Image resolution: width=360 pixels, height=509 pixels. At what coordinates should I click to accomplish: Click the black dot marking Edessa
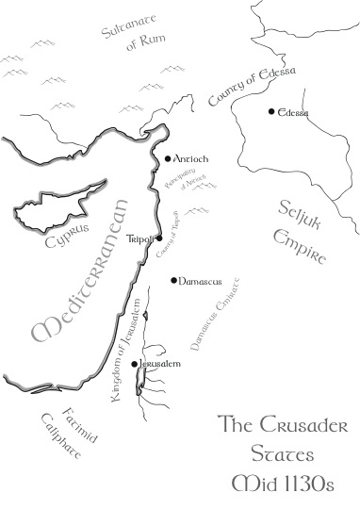click(271, 112)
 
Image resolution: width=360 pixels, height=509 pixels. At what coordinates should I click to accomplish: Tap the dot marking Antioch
click(168, 159)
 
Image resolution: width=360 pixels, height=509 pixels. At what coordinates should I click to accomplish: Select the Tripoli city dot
click(159, 238)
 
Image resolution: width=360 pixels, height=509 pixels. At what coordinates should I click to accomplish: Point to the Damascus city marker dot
click(173, 280)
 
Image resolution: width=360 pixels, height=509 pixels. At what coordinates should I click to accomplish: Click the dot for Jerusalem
click(136, 363)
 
